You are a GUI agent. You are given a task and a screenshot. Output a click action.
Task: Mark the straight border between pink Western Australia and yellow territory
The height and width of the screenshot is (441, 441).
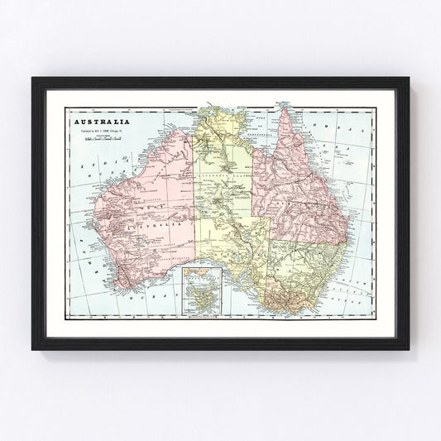click(196, 207)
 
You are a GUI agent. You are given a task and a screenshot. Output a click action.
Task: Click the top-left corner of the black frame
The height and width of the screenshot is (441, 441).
click(33, 79)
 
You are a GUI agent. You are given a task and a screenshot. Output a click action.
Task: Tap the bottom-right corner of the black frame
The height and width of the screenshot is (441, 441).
click(408, 348)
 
